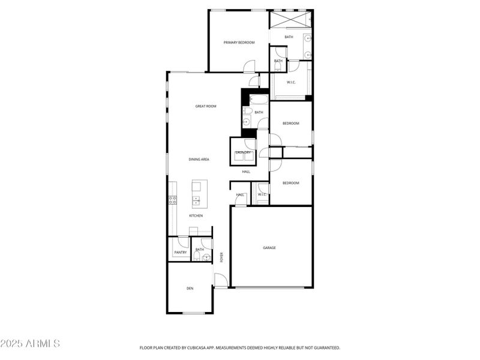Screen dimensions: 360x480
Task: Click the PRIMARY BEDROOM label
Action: pyautogui.click(x=239, y=43)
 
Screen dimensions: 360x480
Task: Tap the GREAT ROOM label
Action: pyautogui.click(x=206, y=106)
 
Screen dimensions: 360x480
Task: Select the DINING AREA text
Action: pyautogui.click(x=199, y=159)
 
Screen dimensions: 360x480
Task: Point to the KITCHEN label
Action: pyautogui.click(x=196, y=215)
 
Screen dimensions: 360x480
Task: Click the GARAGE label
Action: pyautogui.click(x=269, y=247)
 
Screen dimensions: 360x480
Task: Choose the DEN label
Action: pyautogui.click(x=190, y=289)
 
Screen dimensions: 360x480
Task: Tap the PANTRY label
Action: pyautogui.click(x=181, y=253)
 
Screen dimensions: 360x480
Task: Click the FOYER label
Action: pyautogui.click(x=221, y=257)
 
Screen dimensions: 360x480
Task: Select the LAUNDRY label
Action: pyautogui.click(x=243, y=152)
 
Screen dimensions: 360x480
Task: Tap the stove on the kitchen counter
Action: pyautogui.click(x=172, y=199)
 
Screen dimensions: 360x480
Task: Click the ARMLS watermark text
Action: pyautogui.click(x=30, y=344)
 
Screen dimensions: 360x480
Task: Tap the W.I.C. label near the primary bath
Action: pyautogui.click(x=291, y=82)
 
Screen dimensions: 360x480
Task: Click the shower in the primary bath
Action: pyautogui.click(x=290, y=19)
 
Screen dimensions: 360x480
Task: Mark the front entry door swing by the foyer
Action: pyautogui.click(x=221, y=280)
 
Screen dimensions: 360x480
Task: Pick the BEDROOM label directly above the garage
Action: pyautogui.click(x=290, y=183)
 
